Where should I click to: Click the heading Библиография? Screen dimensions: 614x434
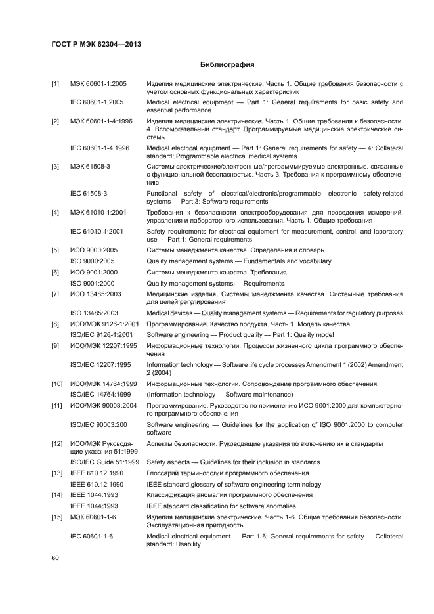click(x=226, y=65)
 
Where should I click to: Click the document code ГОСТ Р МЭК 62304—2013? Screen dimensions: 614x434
click(x=96, y=44)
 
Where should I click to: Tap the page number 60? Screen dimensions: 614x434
click(x=55, y=558)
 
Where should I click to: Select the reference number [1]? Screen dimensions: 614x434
click(x=55, y=85)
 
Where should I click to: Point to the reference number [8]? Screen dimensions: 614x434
click(x=55, y=324)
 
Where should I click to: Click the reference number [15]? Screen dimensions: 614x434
click(x=56, y=517)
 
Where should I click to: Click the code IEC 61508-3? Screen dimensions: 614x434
click(x=89, y=194)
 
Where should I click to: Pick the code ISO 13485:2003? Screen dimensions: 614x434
click(x=94, y=313)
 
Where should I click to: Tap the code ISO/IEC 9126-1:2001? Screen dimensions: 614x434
click(x=100, y=335)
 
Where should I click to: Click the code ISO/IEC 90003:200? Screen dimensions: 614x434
click(x=100, y=426)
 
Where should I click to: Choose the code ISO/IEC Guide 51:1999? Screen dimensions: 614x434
click(x=104, y=462)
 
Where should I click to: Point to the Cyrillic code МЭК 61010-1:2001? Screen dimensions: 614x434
click(x=98, y=213)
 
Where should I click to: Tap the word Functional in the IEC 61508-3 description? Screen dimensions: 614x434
click(x=163, y=194)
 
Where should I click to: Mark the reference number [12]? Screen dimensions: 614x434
click(x=56, y=445)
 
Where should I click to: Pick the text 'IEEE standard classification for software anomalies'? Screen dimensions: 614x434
click(x=221, y=506)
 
